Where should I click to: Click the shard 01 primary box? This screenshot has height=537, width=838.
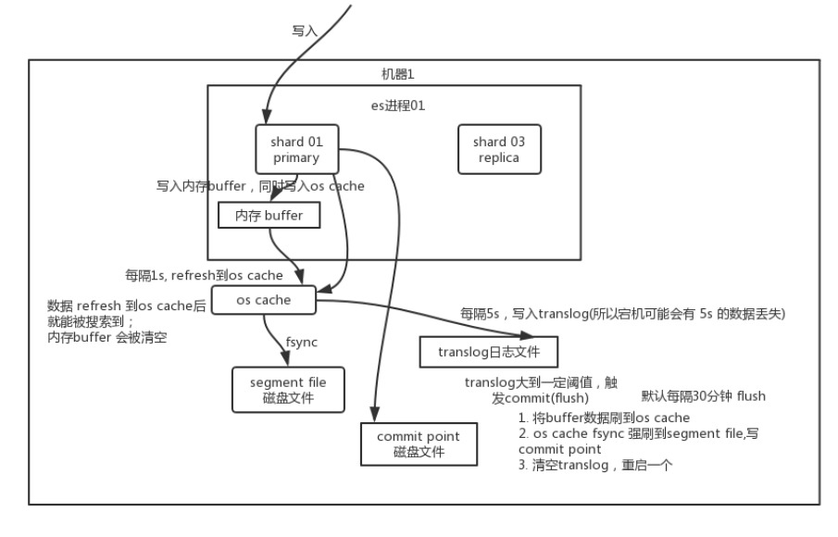296,149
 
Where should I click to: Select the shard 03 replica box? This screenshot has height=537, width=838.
498,149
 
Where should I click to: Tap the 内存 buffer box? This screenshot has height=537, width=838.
269,216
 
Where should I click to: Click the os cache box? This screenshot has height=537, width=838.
264,299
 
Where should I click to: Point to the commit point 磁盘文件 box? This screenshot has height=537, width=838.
419,443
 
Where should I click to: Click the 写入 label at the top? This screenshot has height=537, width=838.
305,31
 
